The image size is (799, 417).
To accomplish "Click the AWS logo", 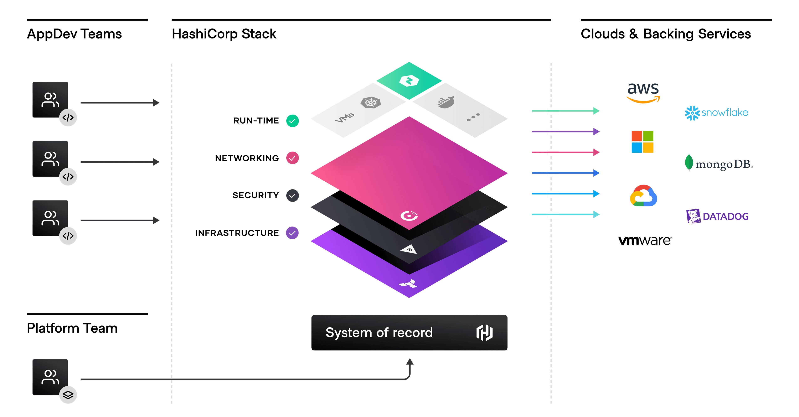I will coord(643,92).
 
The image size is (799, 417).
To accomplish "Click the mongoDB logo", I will coord(719,164).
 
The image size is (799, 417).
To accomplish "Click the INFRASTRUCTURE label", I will coord(237,233).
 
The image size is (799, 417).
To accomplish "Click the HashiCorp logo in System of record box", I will coord(484,333).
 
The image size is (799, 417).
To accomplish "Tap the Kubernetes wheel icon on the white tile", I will coord(371,103).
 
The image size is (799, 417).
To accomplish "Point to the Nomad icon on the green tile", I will coord(409,81).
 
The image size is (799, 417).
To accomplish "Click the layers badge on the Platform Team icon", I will coord(68,395).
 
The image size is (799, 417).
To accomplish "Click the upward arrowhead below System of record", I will coord(410,361).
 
